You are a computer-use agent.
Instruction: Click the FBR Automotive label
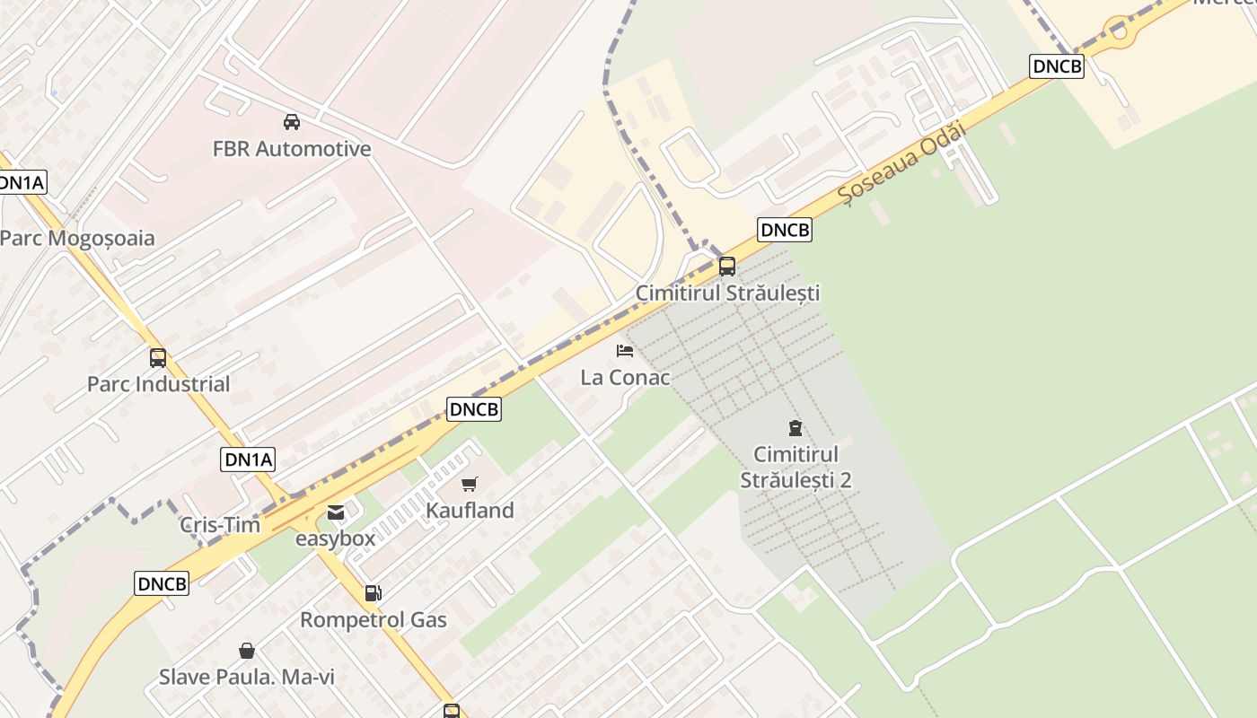pyautogui.click(x=292, y=149)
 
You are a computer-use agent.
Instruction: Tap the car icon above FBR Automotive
pyautogui.click(x=292, y=122)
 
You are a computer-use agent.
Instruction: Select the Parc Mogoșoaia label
pyautogui.click(x=77, y=239)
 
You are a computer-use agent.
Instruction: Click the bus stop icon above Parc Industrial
pyautogui.click(x=158, y=358)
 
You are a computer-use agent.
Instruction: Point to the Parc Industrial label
pyautogui.click(x=158, y=384)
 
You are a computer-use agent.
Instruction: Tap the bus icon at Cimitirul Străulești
pyautogui.click(x=727, y=267)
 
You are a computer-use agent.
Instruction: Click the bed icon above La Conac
pyautogui.click(x=625, y=351)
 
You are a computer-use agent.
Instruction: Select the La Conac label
pyautogui.click(x=625, y=378)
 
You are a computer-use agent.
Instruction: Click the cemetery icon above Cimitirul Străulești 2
pyautogui.click(x=796, y=427)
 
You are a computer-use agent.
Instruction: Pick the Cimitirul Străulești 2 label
pyautogui.click(x=796, y=467)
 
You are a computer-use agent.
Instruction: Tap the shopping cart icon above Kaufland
pyautogui.click(x=470, y=485)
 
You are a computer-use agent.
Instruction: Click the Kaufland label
pyautogui.click(x=470, y=511)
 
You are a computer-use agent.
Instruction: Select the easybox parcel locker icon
pyautogui.click(x=336, y=513)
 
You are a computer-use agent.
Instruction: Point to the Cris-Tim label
pyautogui.click(x=220, y=525)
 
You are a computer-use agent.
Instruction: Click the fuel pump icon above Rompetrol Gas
pyautogui.click(x=373, y=593)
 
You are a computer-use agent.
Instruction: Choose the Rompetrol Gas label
pyautogui.click(x=373, y=620)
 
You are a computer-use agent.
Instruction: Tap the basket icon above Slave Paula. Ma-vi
pyautogui.click(x=247, y=651)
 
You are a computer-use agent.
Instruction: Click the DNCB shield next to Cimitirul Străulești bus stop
pyautogui.click(x=785, y=230)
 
